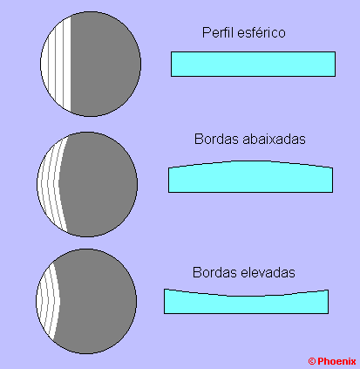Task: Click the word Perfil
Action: (x=219, y=32)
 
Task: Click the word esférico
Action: (x=262, y=32)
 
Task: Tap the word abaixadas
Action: (x=274, y=139)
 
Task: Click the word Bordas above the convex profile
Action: (x=217, y=139)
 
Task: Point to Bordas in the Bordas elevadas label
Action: (x=215, y=272)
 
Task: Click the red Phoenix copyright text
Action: (x=332, y=361)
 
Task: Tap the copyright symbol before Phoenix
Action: (x=312, y=361)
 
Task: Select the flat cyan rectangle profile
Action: (x=253, y=64)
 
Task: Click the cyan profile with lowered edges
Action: (x=251, y=177)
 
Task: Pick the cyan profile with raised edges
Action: (x=247, y=304)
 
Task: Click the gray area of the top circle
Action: (x=105, y=64)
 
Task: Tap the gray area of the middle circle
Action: (x=98, y=184)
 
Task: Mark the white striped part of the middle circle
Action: (x=50, y=184)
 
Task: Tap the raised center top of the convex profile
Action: (x=251, y=161)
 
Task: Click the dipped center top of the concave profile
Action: (x=247, y=296)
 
